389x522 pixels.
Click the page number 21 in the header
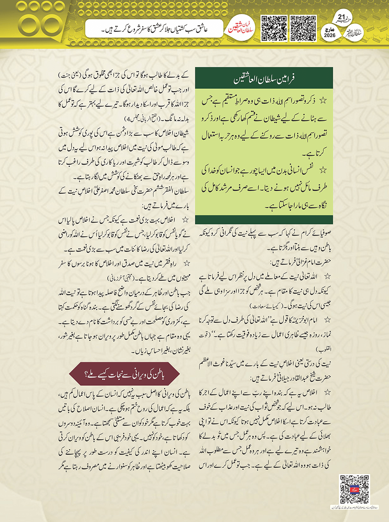coord(341,17)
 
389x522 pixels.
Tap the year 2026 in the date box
coord(330,35)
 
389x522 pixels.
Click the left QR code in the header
coord(274,28)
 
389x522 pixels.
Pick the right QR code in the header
coord(303,28)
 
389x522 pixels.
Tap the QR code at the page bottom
coord(354,489)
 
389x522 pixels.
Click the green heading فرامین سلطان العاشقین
coord(264,80)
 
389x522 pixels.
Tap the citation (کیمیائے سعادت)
coord(265,306)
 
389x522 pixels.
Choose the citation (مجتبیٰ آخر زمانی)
coord(121,278)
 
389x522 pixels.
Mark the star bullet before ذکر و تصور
coord(323,101)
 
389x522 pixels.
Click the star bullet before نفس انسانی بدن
coord(323,170)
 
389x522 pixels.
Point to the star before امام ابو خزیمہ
coord(326,320)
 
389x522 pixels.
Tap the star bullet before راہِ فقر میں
coord(186,263)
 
